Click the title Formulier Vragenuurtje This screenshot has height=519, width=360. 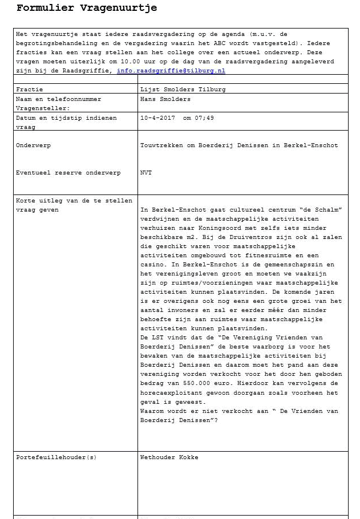[87, 9]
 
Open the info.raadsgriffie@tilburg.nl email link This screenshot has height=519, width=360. [171, 71]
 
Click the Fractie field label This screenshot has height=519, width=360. [30, 90]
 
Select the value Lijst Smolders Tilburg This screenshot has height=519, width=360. [183, 90]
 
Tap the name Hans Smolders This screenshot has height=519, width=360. [165, 99]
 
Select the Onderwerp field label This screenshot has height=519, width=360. [34, 145]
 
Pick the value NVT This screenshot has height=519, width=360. [146, 173]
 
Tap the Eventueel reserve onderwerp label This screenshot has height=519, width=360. [68, 173]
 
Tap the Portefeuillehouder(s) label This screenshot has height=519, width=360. [56, 457]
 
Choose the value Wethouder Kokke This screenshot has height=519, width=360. [169, 457]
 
